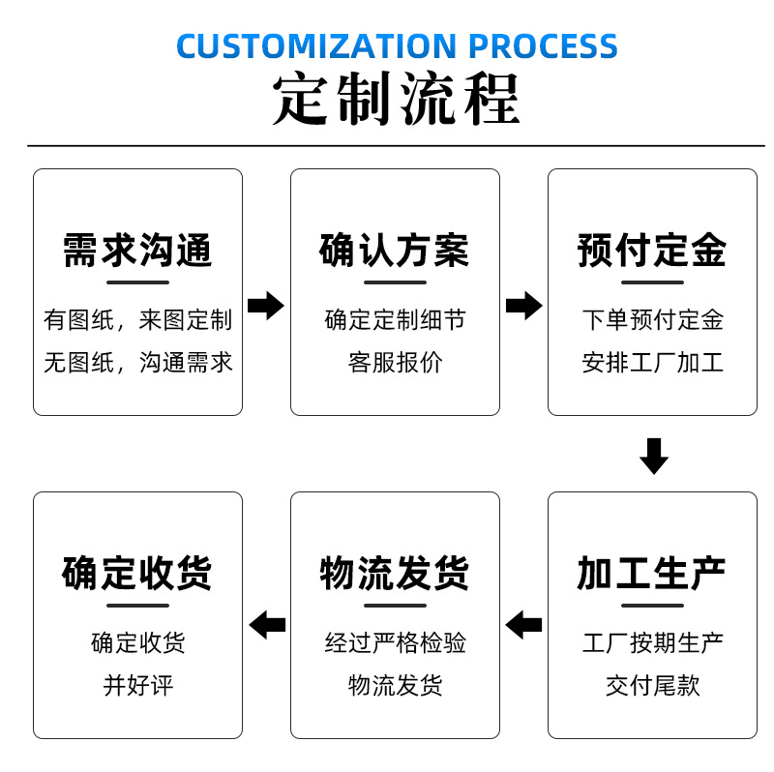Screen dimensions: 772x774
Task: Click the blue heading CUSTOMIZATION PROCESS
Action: (x=397, y=45)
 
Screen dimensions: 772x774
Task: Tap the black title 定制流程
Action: (x=397, y=100)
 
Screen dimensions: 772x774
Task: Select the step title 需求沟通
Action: (x=137, y=251)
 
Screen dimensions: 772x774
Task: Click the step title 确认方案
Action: (x=395, y=251)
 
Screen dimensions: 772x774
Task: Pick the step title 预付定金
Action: (x=652, y=251)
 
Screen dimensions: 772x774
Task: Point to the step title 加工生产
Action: (x=652, y=574)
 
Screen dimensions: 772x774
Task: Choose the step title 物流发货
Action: (x=395, y=574)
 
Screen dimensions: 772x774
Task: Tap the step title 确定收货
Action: (x=137, y=574)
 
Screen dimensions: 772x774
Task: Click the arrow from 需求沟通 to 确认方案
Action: (x=266, y=306)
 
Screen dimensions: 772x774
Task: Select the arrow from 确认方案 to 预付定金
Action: (x=523, y=306)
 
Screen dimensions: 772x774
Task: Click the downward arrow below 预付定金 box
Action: (x=654, y=455)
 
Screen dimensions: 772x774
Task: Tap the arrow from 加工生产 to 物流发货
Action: (x=523, y=625)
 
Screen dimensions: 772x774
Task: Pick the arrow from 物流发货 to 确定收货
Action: (x=267, y=625)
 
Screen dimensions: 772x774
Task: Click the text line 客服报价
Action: (x=395, y=363)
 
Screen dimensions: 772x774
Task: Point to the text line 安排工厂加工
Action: (x=652, y=363)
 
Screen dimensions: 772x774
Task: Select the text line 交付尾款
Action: (x=652, y=686)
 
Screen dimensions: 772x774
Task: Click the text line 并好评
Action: (x=137, y=686)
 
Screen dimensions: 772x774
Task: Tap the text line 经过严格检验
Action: (x=395, y=642)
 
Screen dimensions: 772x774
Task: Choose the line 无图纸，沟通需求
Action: (x=137, y=363)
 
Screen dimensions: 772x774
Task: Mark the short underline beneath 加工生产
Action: (x=652, y=606)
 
